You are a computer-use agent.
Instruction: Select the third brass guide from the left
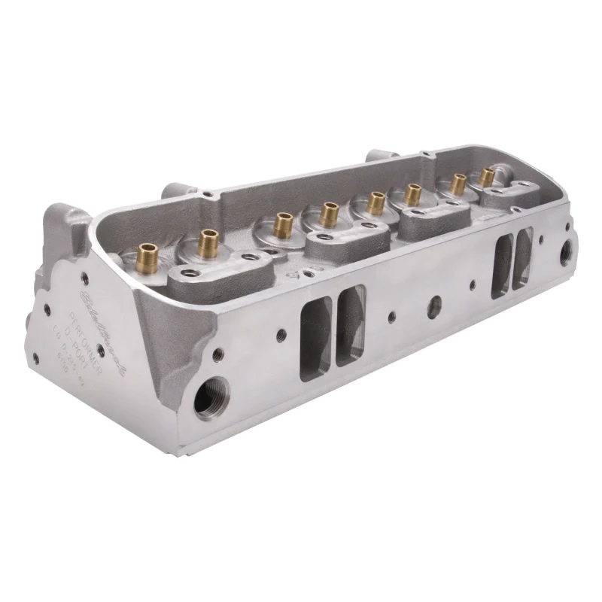[x=282, y=224]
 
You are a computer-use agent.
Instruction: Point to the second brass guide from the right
[x=457, y=184]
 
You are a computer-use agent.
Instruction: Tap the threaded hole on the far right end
[x=564, y=251]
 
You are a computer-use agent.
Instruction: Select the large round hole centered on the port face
[x=433, y=306]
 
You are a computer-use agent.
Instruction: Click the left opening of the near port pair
[x=315, y=338]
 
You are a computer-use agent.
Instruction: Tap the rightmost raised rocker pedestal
[x=505, y=195]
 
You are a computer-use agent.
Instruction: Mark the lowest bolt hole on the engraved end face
[x=34, y=357]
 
